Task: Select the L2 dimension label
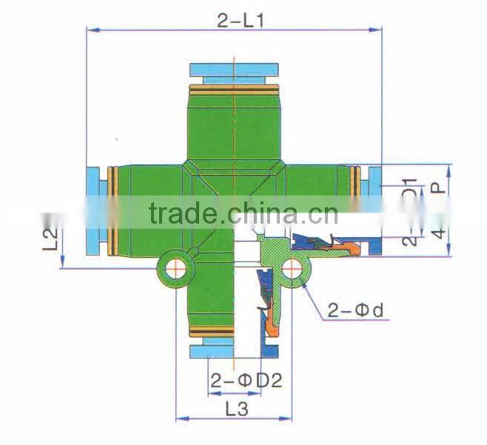(50, 240)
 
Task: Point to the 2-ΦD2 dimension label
(246, 382)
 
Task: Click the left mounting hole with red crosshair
(175, 268)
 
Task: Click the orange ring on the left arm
(112, 210)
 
